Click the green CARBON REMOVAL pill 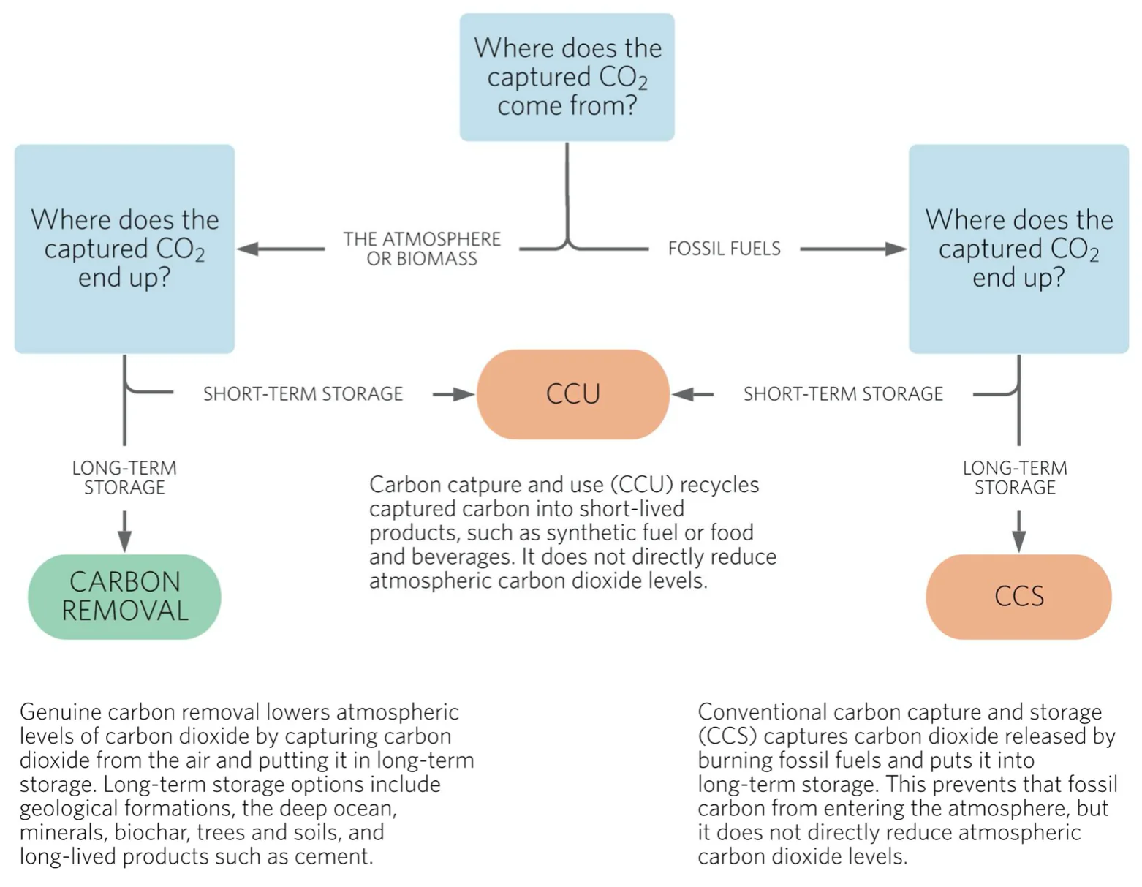124,596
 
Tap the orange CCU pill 572,394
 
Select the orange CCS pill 1018,596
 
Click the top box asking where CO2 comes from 567,77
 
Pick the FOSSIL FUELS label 724,249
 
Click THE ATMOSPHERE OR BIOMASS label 422,249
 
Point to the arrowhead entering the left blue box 248,249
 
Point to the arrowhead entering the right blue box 896,249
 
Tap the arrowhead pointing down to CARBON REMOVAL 124,542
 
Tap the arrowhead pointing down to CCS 1018,542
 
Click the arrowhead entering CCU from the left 464,394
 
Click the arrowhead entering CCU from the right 682,394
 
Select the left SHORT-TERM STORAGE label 303,394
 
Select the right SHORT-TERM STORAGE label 843,394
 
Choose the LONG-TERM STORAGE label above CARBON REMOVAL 124,478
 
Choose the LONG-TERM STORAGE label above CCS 1015,478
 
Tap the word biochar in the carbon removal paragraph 153,832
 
